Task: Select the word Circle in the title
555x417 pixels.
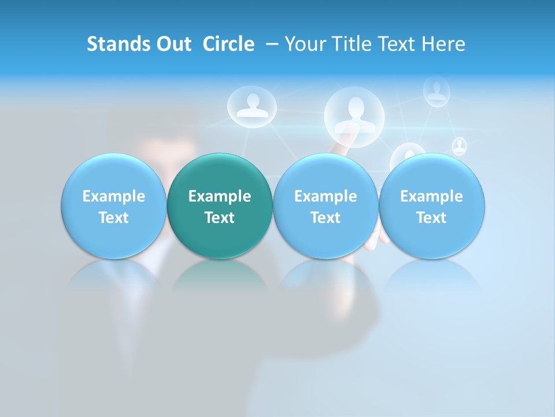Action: coord(228,44)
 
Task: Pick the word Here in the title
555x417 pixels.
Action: coord(443,44)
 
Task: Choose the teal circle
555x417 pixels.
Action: coord(220,206)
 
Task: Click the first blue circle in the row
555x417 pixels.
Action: coord(113,206)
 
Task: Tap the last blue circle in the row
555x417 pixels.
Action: coord(432,206)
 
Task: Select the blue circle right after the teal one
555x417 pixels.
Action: coord(325,206)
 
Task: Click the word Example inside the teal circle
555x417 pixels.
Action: coord(220,196)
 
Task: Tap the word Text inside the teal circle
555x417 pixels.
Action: coord(220,218)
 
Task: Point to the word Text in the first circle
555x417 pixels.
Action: coord(113,218)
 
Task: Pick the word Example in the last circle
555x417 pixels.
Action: coord(432,196)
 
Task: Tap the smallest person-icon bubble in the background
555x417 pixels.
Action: coord(459,146)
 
